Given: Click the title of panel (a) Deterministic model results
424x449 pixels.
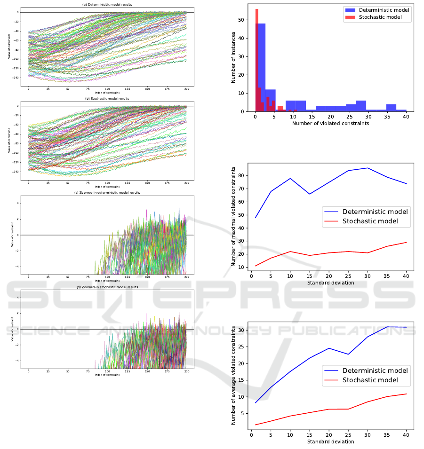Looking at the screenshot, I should pyautogui.click(x=108, y=5).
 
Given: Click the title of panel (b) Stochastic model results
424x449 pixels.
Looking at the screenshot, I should pyautogui.click(x=108, y=99).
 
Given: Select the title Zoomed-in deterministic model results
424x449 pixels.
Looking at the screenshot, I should pyautogui.click(x=108, y=192).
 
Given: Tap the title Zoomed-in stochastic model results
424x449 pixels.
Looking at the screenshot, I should pyautogui.click(x=108, y=286).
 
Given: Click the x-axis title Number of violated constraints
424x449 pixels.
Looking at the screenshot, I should pyautogui.click(x=330, y=124).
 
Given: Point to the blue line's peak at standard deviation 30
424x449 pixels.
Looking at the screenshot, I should pyautogui.click(x=368, y=168).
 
